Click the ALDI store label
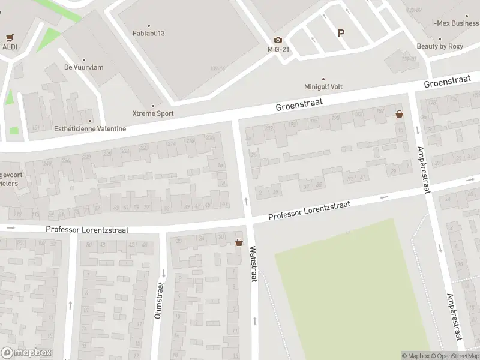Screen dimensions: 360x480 pos(10,47)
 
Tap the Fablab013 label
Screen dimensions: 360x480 pos(148,33)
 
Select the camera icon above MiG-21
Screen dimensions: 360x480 pos(278,40)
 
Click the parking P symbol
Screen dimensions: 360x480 pos(341,34)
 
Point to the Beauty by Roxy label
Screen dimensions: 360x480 pos(440,46)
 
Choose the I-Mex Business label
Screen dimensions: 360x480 pos(455,23)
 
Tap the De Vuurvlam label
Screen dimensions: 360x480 pos(83,67)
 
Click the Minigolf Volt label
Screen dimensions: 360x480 pos(323,86)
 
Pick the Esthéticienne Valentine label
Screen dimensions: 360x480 pos(90,128)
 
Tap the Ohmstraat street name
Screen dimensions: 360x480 pos(159,300)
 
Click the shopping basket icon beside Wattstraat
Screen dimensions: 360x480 pos(239,243)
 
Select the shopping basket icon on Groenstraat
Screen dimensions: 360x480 pos(399,113)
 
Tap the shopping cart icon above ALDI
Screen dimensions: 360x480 pos(10,37)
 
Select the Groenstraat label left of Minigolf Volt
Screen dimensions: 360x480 pos(299,104)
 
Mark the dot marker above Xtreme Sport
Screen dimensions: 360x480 pos(152,106)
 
